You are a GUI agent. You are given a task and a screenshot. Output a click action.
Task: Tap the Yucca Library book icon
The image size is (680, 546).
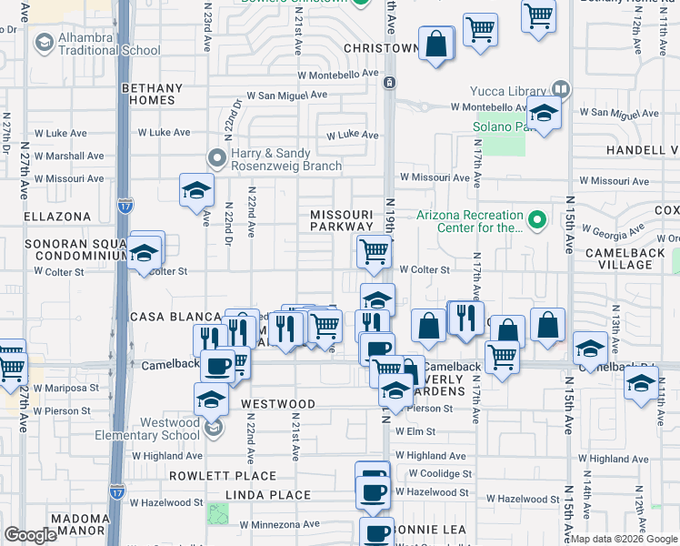(x=560, y=90)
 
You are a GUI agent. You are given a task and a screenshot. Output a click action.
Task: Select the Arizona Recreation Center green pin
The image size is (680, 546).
(x=536, y=219)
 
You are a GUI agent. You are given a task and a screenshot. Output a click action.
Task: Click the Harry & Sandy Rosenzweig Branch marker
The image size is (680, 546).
(x=216, y=158)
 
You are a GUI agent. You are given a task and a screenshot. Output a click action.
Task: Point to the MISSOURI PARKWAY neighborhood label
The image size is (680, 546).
(x=342, y=221)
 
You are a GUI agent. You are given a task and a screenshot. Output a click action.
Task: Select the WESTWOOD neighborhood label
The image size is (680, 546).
(x=277, y=403)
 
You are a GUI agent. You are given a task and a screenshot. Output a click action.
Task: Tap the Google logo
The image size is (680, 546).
(x=30, y=535)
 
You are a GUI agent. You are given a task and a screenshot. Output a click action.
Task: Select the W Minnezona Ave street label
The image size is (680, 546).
(x=280, y=524)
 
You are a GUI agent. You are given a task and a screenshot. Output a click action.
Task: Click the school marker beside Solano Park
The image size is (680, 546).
(x=544, y=116)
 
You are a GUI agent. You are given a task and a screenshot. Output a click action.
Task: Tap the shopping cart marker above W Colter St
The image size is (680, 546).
(x=374, y=252)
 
